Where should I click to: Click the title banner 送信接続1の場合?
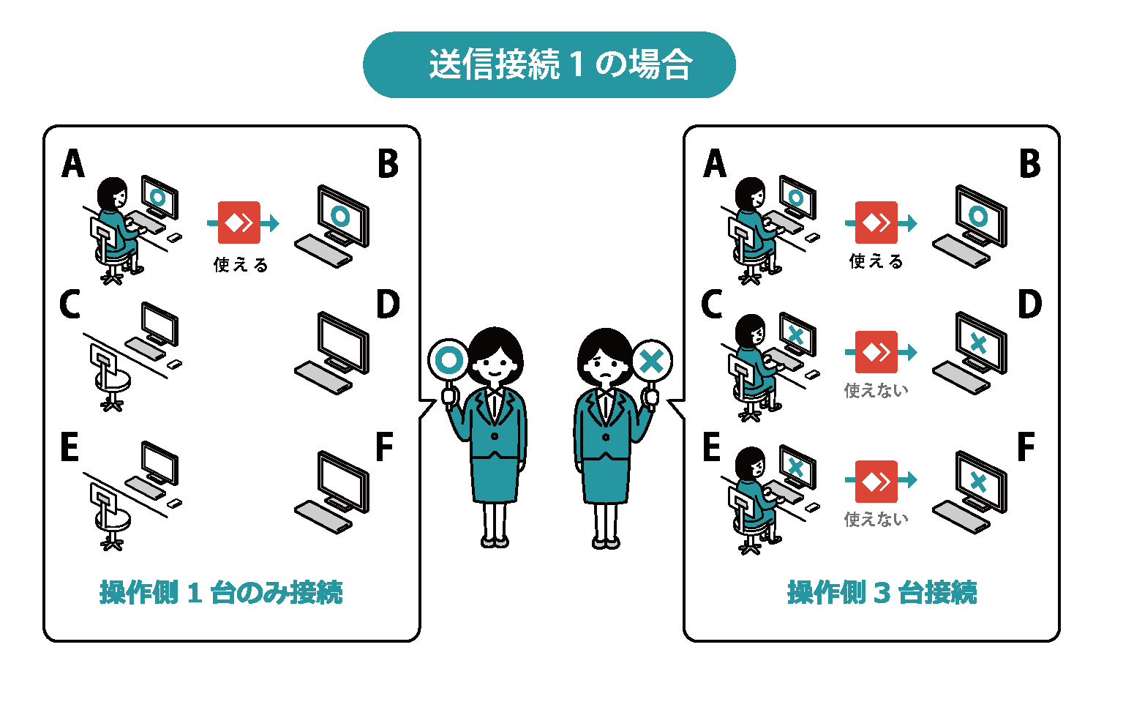pyautogui.click(x=549, y=64)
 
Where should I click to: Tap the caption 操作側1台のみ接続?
pyautogui.click(x=221, y=592)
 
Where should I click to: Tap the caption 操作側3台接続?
pyautogui.click(x=882, y=592)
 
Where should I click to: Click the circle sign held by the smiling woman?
pyautogui.click(x=448, y=360)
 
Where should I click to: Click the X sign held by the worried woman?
pyautogui.click(x=651, y=361)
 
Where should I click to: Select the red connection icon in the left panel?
pyautogui.click(x=239, y=223)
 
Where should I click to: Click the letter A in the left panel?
pyautogui.click(x=73, y=163)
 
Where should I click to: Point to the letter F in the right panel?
pyautogui.click(x=1026, y=447)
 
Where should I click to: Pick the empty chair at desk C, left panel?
pyautogui.click(x=110, y=377)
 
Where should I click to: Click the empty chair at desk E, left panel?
pyautogui.click(x=110, y=516)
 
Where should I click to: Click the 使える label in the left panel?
pyautogui.click(x=241, y=264)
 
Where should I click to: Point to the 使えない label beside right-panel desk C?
pyautogui.click(x=876, y=390)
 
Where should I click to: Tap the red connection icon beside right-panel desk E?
pyautogui.click(x=876, y=481)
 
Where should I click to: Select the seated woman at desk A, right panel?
pyautogui.click(x=754, y=220)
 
